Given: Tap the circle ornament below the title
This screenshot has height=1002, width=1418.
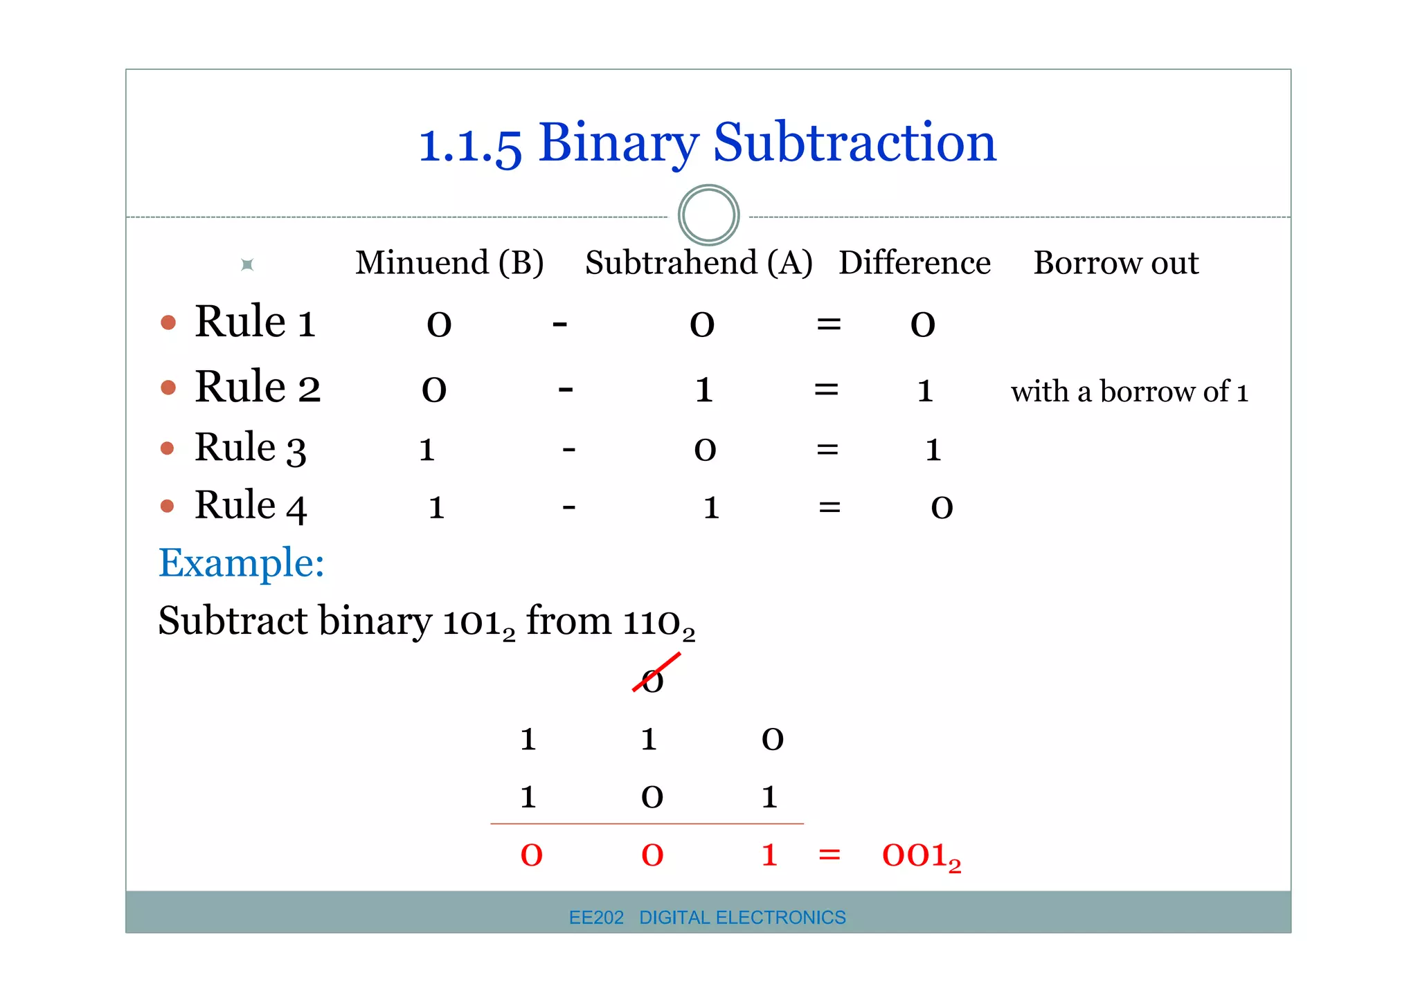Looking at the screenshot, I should click(708, 215).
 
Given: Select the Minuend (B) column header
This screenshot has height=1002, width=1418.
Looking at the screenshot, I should click(449, 263).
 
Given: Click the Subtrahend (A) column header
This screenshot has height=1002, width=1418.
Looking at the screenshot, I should click(699, 263).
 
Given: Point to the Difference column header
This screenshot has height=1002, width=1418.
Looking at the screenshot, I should click(915, 263).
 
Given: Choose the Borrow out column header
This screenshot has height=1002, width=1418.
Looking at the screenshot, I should click(1115, 263).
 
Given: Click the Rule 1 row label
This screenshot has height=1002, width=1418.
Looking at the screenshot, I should click(255, 322).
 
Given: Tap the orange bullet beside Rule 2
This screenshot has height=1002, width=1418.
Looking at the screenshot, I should click(168, 387).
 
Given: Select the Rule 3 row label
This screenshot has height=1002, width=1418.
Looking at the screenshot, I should click(250, 448).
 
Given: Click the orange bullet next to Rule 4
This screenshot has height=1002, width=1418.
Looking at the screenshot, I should click(167, 506).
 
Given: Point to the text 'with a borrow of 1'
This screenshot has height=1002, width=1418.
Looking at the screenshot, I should click(1129, 392).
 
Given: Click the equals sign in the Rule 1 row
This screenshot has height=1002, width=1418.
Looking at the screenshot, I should click(829, 324).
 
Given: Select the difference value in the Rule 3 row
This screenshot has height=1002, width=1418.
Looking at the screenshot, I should click(933, 450).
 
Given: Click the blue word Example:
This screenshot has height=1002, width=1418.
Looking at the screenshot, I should click(241, 563).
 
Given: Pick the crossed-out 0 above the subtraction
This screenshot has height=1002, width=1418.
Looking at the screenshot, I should click(652, 681).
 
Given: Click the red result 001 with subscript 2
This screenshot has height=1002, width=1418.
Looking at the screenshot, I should click(921, 856).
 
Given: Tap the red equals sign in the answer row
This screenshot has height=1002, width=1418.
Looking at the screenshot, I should click(829, 855).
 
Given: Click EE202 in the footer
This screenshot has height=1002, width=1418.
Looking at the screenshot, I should click(595, 918).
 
